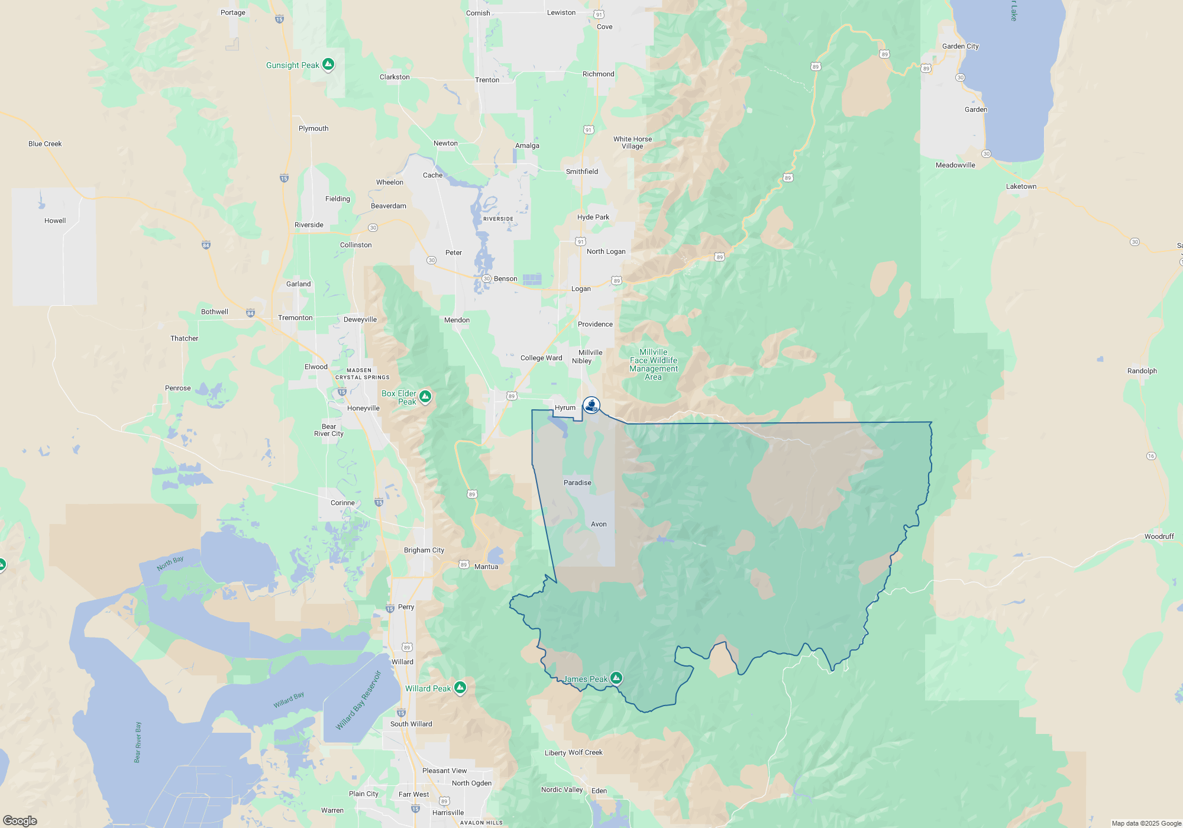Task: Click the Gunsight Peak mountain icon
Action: coord(328,64)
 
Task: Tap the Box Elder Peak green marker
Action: coord(425,396)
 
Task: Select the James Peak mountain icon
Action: coord(616,678)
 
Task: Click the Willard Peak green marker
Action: coord(460,687)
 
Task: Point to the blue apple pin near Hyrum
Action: coord(591,405)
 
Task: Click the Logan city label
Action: coord(581,289)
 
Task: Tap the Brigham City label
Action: coord(424,550)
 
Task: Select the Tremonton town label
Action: coord(295,318)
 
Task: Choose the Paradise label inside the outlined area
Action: coord(577,483)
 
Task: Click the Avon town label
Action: coord(599,524)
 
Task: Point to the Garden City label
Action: coord(960,46)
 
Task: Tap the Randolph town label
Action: coord(1142,371)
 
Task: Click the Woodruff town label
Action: coord(1159,536)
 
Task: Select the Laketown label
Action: coord(1021,186)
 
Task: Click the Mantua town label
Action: coord(486,567)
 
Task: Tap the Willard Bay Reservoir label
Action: coord(358,700)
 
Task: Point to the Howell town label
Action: coord(55,221)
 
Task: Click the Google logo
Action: coord(20,820)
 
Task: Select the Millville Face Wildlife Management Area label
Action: coord(653,364)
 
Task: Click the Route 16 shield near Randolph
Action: coord(1150,455)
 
